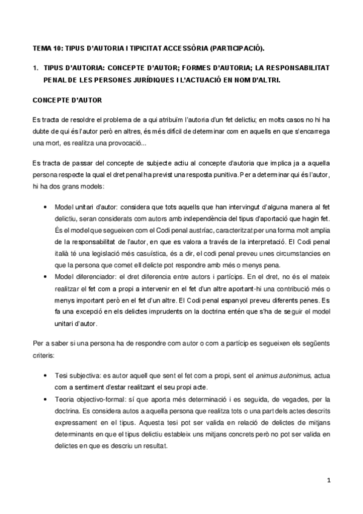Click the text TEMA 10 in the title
tap(46, 47)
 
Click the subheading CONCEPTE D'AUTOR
tap(67, 99)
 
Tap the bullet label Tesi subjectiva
tap(77, 376)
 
